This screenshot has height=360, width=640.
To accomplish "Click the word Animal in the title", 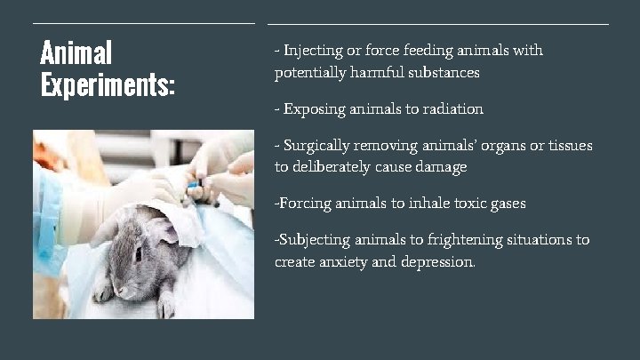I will point(76,52).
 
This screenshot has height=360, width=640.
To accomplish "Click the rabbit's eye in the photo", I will point(139,252).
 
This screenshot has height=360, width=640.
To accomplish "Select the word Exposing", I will point(314,109).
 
